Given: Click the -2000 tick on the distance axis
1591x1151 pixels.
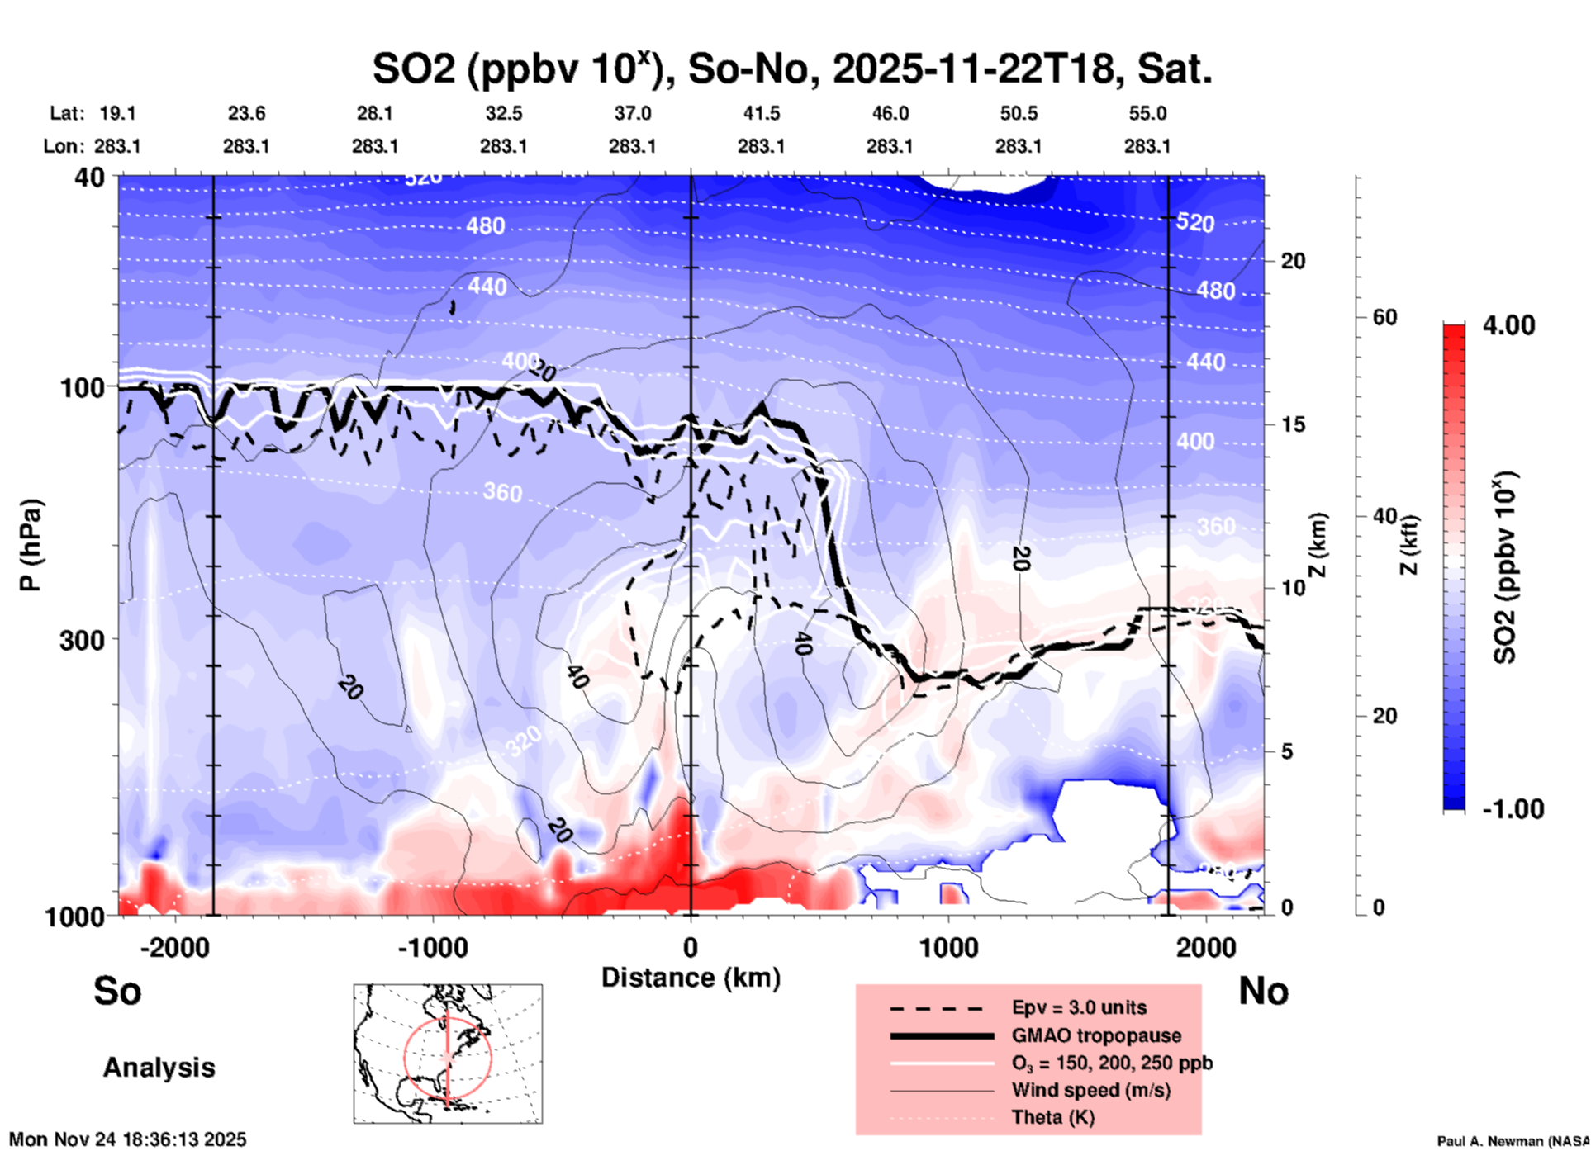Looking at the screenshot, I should [174, 947].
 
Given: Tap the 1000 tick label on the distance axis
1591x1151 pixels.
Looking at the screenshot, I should [948, 947].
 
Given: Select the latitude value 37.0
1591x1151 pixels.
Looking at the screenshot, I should [632, 113].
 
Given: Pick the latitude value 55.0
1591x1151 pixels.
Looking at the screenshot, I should [1147, 113].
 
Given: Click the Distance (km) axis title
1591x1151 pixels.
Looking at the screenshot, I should [691, 978].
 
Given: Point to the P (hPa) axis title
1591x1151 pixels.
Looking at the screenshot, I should [31, 545].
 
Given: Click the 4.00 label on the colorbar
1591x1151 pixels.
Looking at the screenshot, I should [1508, 325].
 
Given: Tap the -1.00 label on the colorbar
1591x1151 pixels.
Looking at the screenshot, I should [1513, 808].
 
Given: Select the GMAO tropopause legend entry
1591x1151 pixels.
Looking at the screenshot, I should [1096, 1035].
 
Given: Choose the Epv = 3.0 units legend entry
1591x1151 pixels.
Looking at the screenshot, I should [1079, 1007].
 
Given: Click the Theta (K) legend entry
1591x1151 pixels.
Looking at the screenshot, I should [1052, 1117].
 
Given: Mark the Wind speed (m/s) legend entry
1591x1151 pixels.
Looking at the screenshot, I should [1090, 1090].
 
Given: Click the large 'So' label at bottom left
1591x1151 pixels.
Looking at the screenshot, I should [117, 991].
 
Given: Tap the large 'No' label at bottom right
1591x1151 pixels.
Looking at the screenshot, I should [1263, 991].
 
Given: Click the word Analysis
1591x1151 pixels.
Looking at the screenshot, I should [159, 1068].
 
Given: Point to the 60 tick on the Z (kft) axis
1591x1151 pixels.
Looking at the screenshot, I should [1384, 317].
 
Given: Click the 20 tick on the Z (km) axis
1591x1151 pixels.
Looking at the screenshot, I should [1293, 261].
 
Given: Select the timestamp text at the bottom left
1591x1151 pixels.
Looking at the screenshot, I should [127, 1139].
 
